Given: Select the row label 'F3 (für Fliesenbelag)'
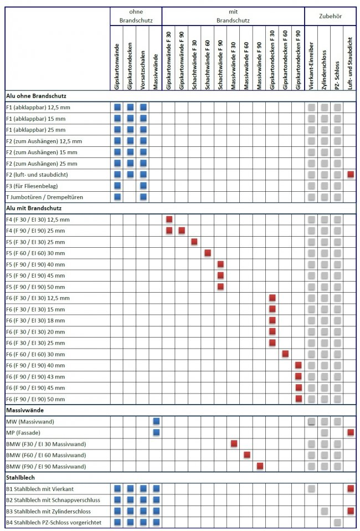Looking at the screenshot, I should coord(31,186).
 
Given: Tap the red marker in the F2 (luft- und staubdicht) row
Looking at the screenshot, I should coord(351,175).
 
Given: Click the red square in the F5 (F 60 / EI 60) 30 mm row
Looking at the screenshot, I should coord(208,253).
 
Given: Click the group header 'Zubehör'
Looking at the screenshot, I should coord(330,17).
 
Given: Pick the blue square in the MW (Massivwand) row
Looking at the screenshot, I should coord(156,422).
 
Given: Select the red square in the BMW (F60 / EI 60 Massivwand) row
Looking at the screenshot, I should coord(247,455).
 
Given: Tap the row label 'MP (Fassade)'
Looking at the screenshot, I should coord(23,432).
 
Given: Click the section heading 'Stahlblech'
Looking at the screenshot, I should coord(20,477).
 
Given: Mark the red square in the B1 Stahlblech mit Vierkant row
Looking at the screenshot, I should coord(351,488).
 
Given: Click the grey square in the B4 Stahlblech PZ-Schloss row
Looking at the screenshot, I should coord(337,522).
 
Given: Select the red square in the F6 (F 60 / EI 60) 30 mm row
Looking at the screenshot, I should coord(285,354).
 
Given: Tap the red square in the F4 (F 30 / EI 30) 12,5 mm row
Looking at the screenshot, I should coord(169,219).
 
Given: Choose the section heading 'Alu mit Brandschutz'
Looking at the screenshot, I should coord(34,208).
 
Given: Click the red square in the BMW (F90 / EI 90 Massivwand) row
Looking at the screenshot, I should coord(260,466).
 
